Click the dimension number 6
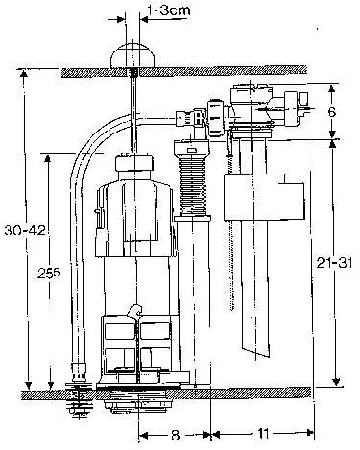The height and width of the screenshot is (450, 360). point(331,111)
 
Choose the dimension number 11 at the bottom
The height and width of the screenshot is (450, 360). point(260,432)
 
